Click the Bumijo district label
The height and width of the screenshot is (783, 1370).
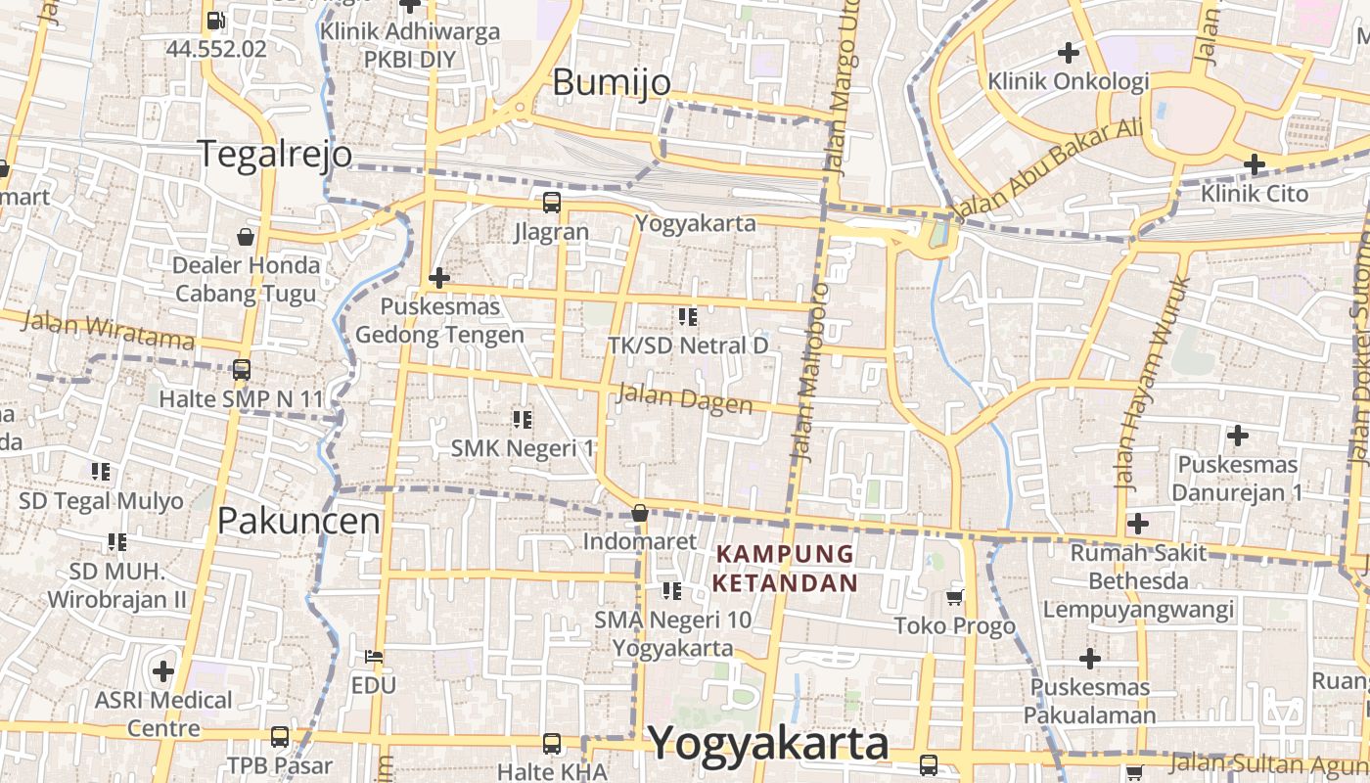(x=612, y=82)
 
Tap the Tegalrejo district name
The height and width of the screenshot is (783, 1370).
(x=274, y=154)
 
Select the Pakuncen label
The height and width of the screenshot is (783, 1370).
(x=298, y=521)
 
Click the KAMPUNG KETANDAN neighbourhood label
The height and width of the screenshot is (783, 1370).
(x=786, y=569)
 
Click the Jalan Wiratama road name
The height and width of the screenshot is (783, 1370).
(x=107, y=330)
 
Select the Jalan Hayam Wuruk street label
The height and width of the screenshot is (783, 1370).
(x=1152, y=383)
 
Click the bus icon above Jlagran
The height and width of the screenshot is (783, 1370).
(x=552, y=203)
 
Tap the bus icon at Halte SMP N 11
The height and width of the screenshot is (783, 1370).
(x=241, y=370)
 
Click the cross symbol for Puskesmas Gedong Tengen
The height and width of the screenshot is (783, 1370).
(x=439, y=278)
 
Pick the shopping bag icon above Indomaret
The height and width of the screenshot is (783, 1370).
(x=640, y=513)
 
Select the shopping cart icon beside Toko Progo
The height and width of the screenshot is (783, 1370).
(x=955, y=597)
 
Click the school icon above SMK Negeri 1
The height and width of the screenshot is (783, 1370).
(x=523, y=419)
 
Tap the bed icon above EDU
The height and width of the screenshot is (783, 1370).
(x=374, y=656)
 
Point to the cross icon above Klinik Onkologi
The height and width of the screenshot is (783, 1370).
(x=1069, y=52)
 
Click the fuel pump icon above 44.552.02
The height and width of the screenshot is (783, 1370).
(x=215, y=20)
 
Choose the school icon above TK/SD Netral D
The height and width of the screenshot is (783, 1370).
(x=688, y=316)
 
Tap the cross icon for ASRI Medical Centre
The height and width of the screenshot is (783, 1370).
(x=163, y=671)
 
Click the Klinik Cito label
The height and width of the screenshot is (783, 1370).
(x=1255, y=194)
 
